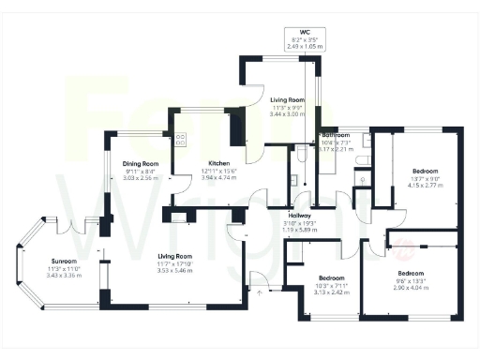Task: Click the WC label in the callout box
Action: point(305,32)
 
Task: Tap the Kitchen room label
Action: point(219,163)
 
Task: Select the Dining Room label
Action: point(141,163)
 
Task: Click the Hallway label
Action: point(300,214)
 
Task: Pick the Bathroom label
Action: point(336,135)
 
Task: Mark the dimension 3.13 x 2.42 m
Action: point(333,292)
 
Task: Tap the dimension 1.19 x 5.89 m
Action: point(300,228)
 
